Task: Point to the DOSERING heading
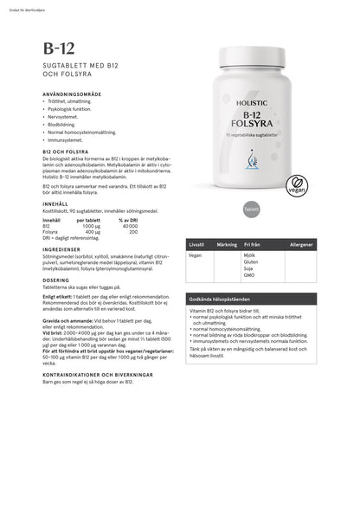coord(56,280)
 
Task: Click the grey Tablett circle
coord(252,209)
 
